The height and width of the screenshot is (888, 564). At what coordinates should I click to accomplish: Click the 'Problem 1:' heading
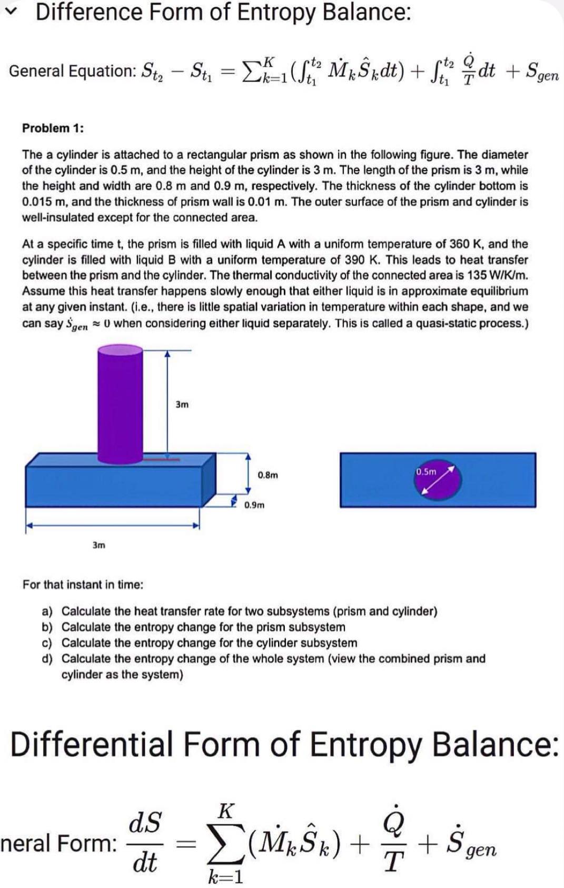point(53,128)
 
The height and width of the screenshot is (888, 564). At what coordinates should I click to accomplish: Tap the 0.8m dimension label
point(268,475)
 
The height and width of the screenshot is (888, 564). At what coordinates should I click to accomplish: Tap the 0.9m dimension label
point(254,505)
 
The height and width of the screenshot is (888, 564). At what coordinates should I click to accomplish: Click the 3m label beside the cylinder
point(182,404)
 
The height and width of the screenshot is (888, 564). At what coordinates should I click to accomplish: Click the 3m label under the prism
point(98,545)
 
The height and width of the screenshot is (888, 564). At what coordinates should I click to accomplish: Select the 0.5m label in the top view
point(426,472)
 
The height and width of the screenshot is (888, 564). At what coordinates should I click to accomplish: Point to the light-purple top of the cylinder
point(120,350)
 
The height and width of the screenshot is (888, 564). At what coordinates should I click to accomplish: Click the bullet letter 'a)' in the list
point(47,611)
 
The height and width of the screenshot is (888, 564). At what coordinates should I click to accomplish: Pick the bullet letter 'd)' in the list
point(47,659)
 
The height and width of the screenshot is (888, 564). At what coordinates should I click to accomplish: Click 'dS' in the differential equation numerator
point(145,822)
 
